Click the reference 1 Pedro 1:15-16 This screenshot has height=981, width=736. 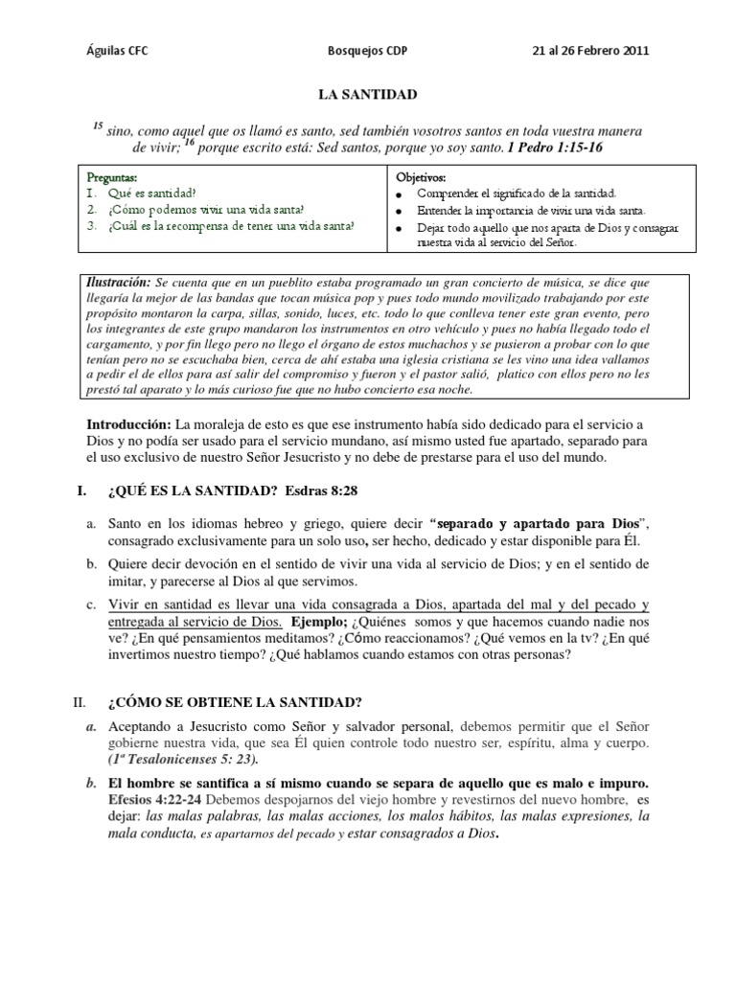click(x=555, y=148)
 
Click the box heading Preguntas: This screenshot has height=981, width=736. click(x=112, y=178)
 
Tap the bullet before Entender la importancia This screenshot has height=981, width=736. click(x=397, y=210)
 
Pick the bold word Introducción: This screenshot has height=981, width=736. click(x=129, y=424)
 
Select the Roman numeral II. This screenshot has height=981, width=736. click(x=81, y=702)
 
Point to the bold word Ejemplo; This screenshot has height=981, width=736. click(x=320, y=622)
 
